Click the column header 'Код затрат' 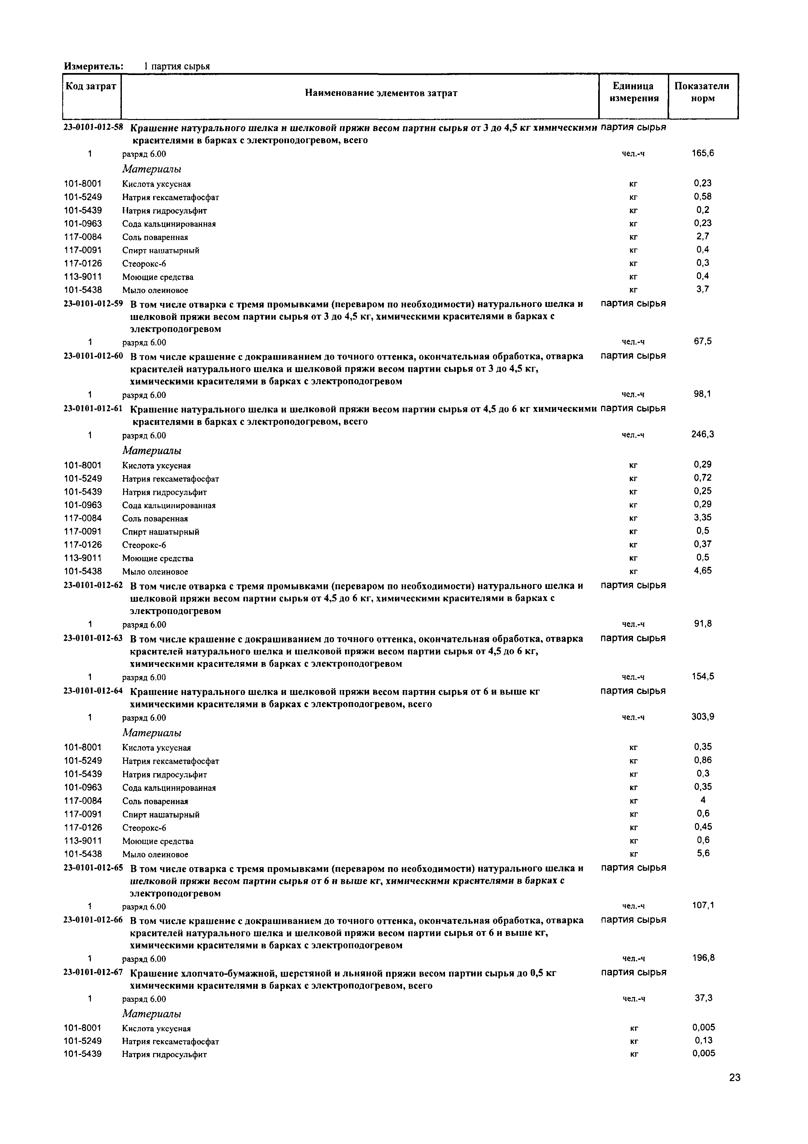coord(92,86)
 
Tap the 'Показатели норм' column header coord(702,92)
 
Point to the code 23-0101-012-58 coord(93,127)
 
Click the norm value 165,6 coord(702,153)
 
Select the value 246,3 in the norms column coord(702,434)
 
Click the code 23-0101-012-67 coord(93,972)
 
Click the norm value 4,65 coord(702,570)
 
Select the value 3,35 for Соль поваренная coord(702,517)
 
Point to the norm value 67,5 coord(702,341)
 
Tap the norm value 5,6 coord(702,853)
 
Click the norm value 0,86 coord(702,760)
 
